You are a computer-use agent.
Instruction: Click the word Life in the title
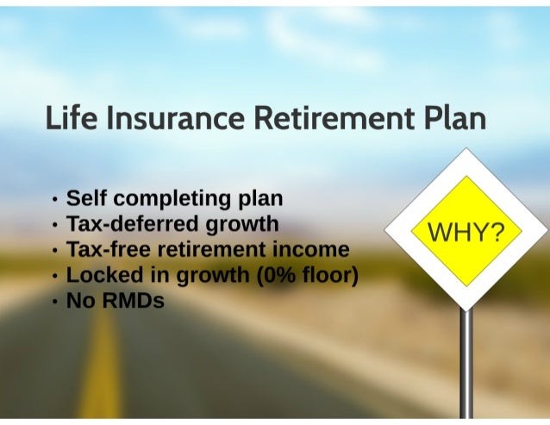[69, 117]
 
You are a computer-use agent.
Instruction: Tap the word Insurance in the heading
[163, 117]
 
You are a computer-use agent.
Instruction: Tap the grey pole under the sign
[466, 362]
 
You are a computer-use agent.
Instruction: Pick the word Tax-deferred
[133, 225]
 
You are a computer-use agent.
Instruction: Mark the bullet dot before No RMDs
[55, 303]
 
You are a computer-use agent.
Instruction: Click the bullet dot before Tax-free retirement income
[55, 252]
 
